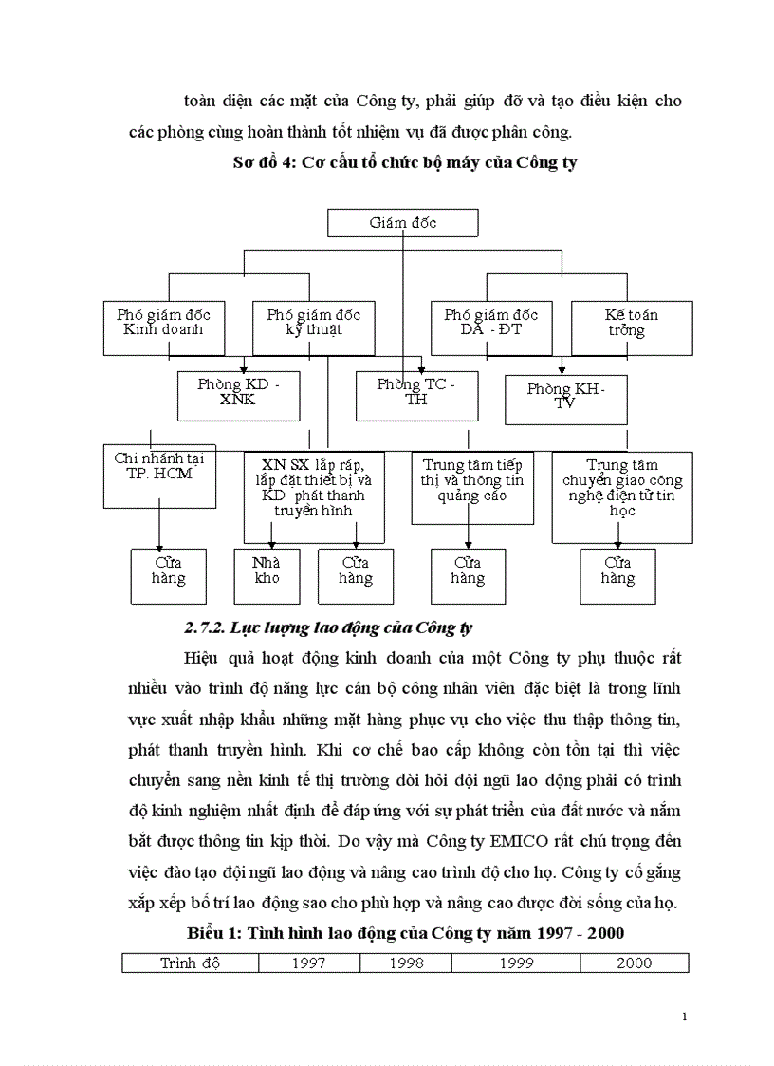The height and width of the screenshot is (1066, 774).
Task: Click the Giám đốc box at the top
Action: (403, 223)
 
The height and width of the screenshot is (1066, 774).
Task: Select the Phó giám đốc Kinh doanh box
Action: (164, 323)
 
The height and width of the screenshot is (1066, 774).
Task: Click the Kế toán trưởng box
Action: (632, 323)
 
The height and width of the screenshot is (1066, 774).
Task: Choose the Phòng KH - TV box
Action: (566, 399)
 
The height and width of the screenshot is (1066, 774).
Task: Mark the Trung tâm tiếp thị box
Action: (472, 486)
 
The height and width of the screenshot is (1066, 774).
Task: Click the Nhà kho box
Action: (267, 575)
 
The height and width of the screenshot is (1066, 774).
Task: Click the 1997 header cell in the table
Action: (309, 963)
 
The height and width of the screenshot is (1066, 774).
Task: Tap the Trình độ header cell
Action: (190, 963)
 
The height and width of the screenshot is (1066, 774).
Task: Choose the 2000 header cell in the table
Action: (634, 963)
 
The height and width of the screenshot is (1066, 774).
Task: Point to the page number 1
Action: (684, 1018)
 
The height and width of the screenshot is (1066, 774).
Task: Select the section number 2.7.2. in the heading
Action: (204, 628)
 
